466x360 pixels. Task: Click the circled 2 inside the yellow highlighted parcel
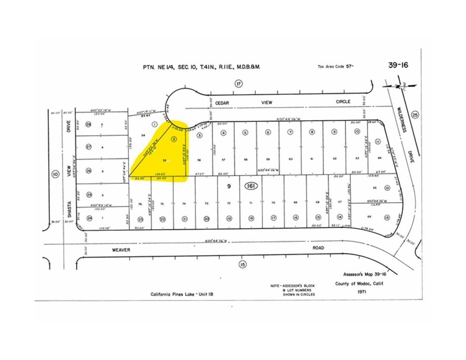(x=174, y=138)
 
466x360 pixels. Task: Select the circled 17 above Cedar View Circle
(x=239, y=84)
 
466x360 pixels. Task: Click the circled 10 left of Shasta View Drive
(x=55, y=174)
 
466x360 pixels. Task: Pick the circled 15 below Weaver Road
(x=242, y=264)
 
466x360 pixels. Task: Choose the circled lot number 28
(x=89, y=124)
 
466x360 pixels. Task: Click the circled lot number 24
(x=89, y=218)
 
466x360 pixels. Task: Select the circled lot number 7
(x=290, y=132)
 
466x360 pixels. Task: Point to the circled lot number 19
(x=229, y=218)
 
